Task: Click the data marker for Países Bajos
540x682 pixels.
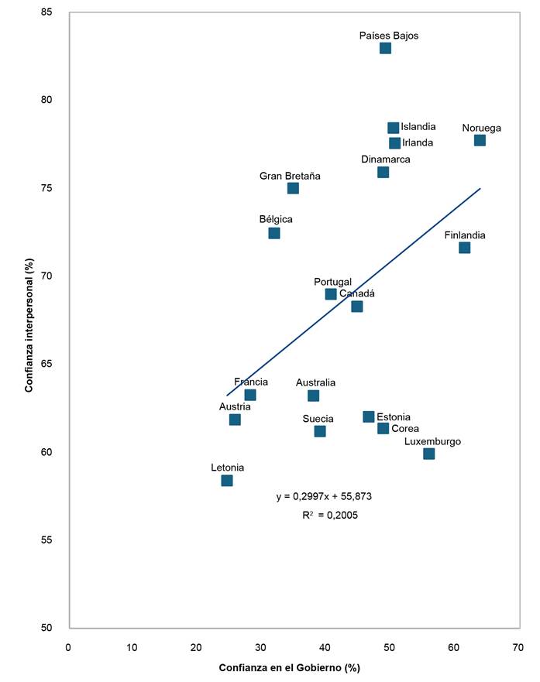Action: [385, 48]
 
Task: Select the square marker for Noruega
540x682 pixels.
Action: [480, 140]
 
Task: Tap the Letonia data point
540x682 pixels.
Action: [226, 481]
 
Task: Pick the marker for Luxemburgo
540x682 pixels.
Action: [428, 454]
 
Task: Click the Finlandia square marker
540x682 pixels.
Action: [464, 248]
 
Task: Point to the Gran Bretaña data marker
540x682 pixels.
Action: [292, 188]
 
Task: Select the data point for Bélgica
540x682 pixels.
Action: [273, 233]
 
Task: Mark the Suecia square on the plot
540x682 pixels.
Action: [319, 431]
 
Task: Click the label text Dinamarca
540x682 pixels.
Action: [385, 159]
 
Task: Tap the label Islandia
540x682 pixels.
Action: [418, 127]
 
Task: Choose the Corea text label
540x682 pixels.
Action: [405, 428]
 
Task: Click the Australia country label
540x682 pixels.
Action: [315, 382]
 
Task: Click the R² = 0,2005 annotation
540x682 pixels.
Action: [330, 514]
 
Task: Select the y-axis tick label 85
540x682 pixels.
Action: [48, 12]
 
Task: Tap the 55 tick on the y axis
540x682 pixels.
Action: [48, 540]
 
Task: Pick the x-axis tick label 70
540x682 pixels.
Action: [517, 646]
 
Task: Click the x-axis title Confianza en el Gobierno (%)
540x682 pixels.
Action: [289, 667]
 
